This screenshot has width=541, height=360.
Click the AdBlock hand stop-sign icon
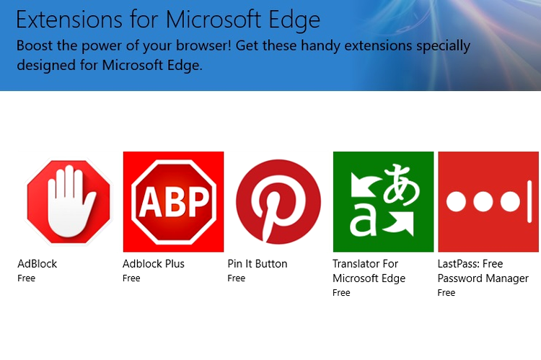(x=69, y=201)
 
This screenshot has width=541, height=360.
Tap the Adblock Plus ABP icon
(x=174, y=201)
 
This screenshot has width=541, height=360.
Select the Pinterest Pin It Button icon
(x=278, y=201)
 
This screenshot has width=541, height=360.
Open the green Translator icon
(x=383, y=201)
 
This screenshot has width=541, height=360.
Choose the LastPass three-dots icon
(x=488, y=201)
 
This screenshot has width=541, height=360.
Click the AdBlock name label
(x=38, y=264)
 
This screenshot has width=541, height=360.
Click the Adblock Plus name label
(x=154, y=264)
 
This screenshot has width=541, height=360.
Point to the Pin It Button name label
(x=258, y=264)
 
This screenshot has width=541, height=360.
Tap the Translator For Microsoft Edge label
(x=369, y=271)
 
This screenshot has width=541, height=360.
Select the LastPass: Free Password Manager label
(x=483, y=271)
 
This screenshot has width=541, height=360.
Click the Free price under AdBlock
(x=26, y=278)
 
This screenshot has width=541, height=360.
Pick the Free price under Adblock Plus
(x=131, y=278)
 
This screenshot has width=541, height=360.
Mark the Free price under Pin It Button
(x=237, y=278)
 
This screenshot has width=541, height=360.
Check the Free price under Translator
(x=341, y=293)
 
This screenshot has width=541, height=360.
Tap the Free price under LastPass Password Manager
(x=447, y=293)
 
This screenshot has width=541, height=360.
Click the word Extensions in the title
(x=69, y=19)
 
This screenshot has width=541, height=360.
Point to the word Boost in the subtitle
(x=35, y=45)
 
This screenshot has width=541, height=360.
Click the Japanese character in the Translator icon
(x=401, y=184)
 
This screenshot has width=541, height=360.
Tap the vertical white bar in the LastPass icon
(x=529, y=201)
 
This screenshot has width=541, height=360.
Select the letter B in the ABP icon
(x=175, y=201)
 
